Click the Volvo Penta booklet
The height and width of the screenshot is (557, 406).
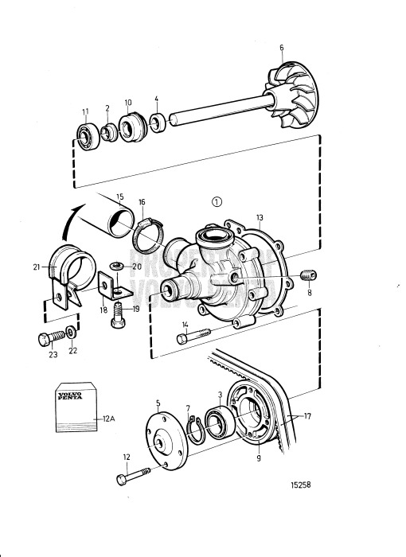75,408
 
